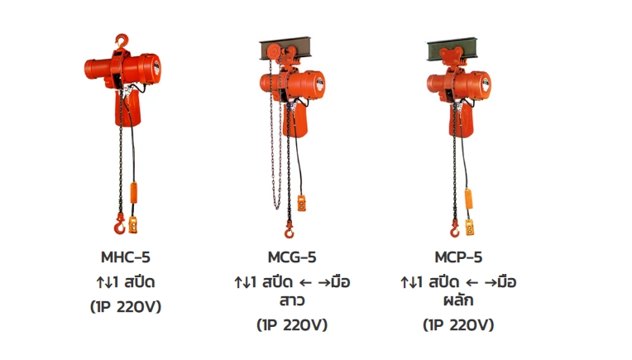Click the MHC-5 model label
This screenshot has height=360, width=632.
126,257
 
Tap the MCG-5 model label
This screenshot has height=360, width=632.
292,257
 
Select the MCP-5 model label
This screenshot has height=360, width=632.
458,257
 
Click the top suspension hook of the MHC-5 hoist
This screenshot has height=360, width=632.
122,41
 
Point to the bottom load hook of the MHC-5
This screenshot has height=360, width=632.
119,225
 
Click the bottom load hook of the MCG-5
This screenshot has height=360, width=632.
289,229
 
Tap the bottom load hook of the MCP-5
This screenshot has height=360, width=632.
455,228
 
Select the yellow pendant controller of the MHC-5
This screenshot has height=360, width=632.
133,224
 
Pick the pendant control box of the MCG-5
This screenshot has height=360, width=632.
301,203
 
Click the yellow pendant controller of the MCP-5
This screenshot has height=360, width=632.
470,227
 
